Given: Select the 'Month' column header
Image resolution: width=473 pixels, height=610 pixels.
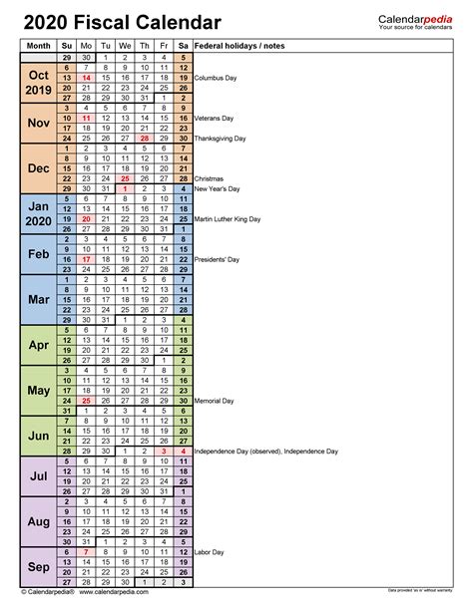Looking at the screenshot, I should (x=39, y=46).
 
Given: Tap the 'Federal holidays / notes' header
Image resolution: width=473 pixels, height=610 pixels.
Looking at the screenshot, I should (x=240, y=46).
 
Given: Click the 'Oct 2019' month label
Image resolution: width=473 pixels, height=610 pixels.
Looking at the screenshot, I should (x=39, y=82).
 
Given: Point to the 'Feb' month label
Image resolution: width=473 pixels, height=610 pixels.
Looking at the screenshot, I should (x=39, y=254).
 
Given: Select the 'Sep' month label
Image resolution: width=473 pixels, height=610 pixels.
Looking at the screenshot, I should (x=39, y=568).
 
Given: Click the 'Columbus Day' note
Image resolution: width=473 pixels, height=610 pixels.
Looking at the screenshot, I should (x=223, y=77).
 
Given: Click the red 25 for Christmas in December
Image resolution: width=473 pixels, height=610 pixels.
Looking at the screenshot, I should (x=125, y=178).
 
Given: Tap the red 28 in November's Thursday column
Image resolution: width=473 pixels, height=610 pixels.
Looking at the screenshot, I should (x=145, y=139).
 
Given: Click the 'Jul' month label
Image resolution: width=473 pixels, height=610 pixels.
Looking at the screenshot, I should (x=39, y=475).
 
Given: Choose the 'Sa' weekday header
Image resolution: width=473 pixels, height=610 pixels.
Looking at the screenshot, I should (x=184, y=46).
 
